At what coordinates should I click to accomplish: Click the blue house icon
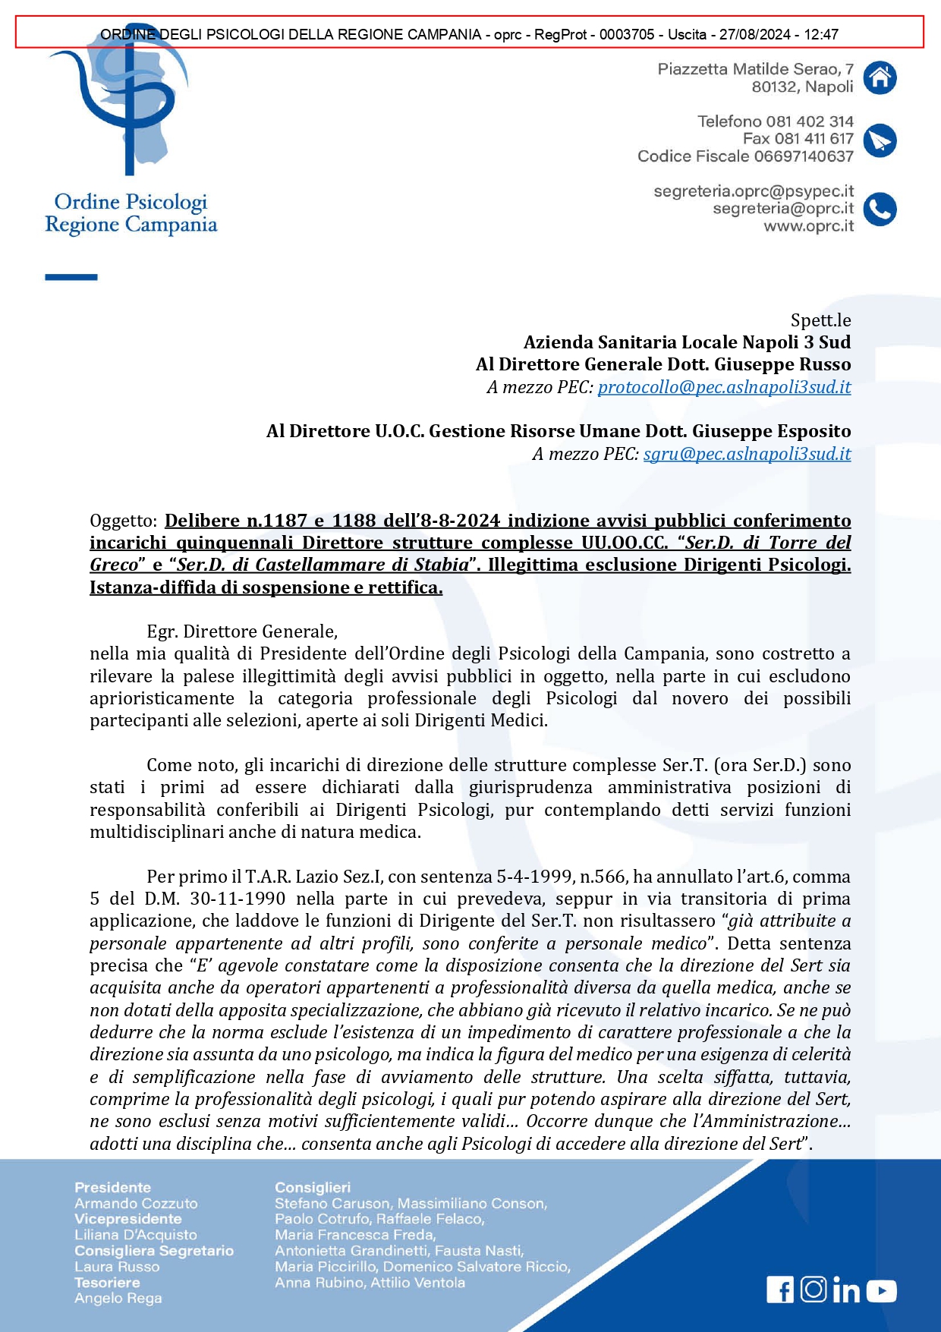pyautogui.click(x=880, y=77)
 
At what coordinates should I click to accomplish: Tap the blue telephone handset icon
pyautogui.click(x=880, y=209)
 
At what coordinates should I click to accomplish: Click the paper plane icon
pyautogui.click(x=880, y=140)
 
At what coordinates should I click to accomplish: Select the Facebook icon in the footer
pyautogui.click(x=780, y=1289)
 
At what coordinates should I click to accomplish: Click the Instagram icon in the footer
pyautogui.click(x=814, y=1289)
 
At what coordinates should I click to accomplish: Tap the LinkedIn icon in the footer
pyautogui.click(x=846, y=1290)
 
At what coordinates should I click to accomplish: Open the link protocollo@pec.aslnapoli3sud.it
pyautogui.click(x=724, y=387)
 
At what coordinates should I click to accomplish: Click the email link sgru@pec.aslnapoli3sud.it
pyautogui.click(x=747, y=454)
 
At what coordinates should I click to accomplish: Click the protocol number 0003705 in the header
pyautogui.click(x=627, y=34)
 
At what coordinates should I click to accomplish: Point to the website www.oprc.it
pyautogui.click(x=808, y=226)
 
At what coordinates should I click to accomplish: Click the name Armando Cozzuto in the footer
pyautogui.click(x=136, y=1204)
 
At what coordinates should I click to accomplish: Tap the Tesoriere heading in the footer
pyautogui.click(x=107, y=1283)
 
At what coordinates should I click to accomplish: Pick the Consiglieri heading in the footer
pyautogui.click(x=313, y=1188)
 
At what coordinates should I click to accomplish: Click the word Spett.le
pyautogui.click(x=820, y=320)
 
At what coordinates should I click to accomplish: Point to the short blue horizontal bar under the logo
pyautogui.click(x=71, y=277)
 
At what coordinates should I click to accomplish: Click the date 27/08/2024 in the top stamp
pyautogui.click(x=754, y=34)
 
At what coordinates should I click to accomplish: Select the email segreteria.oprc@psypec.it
pyautogui.click(x=754, y=191)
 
